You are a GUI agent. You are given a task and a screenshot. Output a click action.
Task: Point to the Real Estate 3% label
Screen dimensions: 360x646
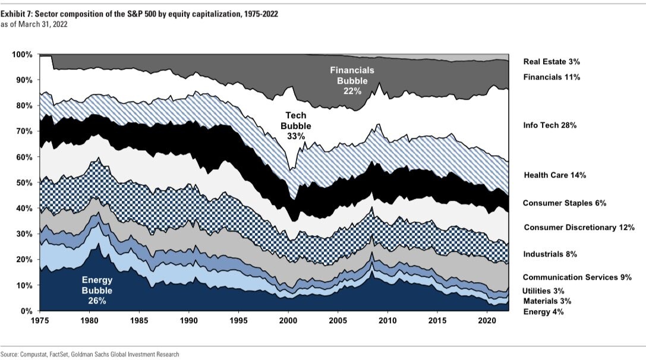tap(552, 61)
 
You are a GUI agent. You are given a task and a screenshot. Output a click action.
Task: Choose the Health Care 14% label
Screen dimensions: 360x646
tap(555, 175)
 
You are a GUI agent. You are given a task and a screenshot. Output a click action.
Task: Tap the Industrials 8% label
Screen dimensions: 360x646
tap(550, 254)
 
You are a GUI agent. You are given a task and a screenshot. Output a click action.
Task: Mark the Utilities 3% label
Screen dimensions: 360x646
tap(543, 290)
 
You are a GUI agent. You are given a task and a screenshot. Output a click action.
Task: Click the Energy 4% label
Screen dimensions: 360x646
tap(542, 311)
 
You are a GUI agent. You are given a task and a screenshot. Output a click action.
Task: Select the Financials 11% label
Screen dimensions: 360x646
tap(552, 77)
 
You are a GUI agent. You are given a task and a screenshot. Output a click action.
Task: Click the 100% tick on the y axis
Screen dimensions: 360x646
tap(22, 55)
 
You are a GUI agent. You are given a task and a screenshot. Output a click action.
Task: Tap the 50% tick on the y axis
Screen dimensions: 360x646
tap(24, 182)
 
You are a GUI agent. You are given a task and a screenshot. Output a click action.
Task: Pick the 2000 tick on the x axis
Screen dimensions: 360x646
tap(288, 320)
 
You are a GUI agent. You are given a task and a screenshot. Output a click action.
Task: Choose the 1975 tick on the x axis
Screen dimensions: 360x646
tap(39, 320)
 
